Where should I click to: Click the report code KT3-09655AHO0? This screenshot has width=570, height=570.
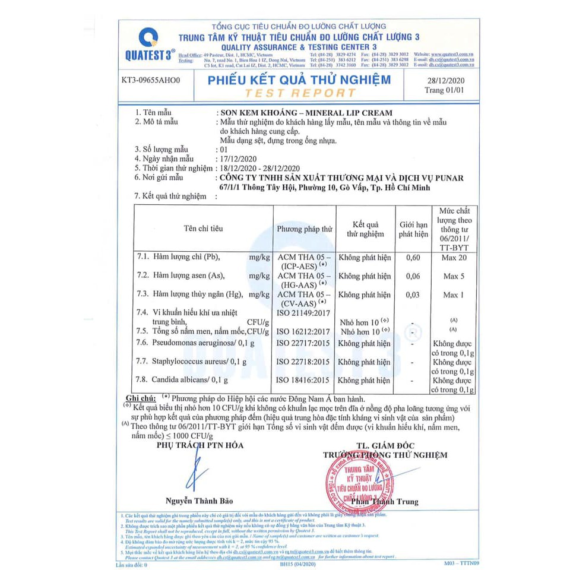150,79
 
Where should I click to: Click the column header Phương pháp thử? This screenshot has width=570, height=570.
305,229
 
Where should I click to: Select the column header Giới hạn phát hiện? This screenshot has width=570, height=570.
413,229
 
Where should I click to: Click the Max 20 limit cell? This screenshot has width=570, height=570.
454,258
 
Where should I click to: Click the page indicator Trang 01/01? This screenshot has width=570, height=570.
443,90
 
